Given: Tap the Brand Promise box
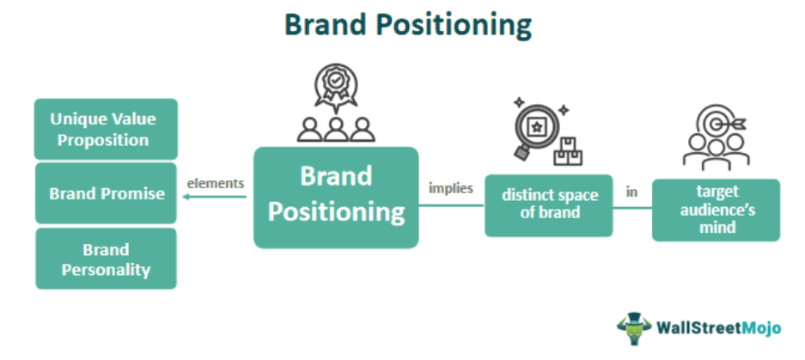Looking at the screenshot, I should [107, 193].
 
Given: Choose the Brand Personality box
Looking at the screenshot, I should [106, 259].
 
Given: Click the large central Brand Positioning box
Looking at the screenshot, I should [336, 197].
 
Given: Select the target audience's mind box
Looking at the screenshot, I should [716, 210].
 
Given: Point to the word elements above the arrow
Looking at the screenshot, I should [216, 182].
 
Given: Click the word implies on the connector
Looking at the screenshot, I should [450, 188].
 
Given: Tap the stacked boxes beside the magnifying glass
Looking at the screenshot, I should [568, 151].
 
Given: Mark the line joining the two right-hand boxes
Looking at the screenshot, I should [632, 208].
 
